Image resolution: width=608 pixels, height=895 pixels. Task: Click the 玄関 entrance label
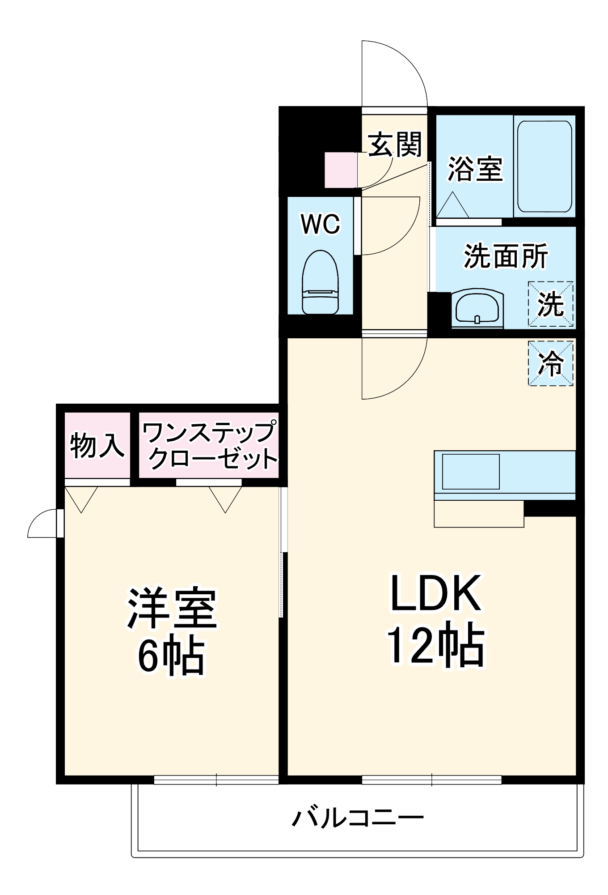click(395, 145)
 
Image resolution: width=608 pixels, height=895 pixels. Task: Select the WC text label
click(321, 224)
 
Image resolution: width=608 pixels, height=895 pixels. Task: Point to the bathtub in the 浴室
click(545, 166)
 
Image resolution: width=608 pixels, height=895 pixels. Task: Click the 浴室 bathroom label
click(475, 169)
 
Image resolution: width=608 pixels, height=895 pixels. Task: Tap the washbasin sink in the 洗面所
click(477, 308)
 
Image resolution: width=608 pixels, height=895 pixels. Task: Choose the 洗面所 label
click(506, 256)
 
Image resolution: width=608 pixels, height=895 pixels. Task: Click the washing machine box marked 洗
click(550, 304)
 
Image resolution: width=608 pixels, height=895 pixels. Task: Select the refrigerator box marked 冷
click(550, 363)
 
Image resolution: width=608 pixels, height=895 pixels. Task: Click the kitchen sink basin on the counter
click(471, 472)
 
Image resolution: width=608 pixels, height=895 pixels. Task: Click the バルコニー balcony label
click(358, 818)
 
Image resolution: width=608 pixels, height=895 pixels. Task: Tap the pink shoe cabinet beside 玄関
click(341, 170)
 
